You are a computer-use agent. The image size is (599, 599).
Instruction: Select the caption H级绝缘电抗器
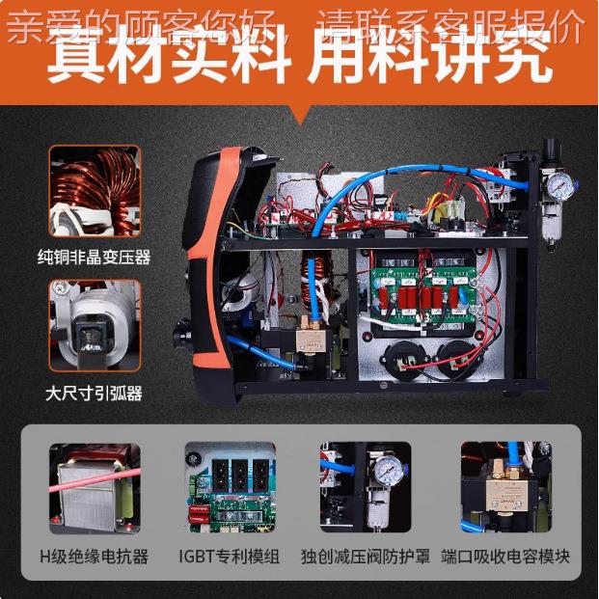(95, 557)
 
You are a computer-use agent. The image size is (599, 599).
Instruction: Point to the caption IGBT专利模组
(230, 557)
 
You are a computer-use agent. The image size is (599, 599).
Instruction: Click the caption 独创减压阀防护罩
(366, 557)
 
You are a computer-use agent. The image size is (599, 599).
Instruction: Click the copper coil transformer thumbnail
(95, 191)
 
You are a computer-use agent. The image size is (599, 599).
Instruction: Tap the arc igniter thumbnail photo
(95, 326)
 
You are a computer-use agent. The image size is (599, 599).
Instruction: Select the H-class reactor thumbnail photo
(95, 488)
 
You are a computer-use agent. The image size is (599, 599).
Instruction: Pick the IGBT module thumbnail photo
(230, 488)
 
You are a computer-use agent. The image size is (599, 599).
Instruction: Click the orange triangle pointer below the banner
(299, 115)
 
